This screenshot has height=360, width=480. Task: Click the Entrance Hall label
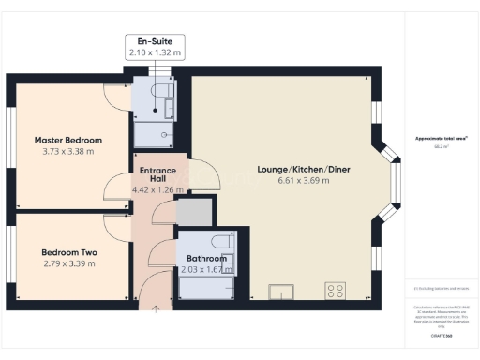point(152,174)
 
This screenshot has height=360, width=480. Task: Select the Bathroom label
point(206,259)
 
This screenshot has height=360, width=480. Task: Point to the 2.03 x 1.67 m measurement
point(206,270)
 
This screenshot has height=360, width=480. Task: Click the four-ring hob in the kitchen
point(335,289)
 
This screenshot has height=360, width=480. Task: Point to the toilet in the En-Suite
point(161,91)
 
